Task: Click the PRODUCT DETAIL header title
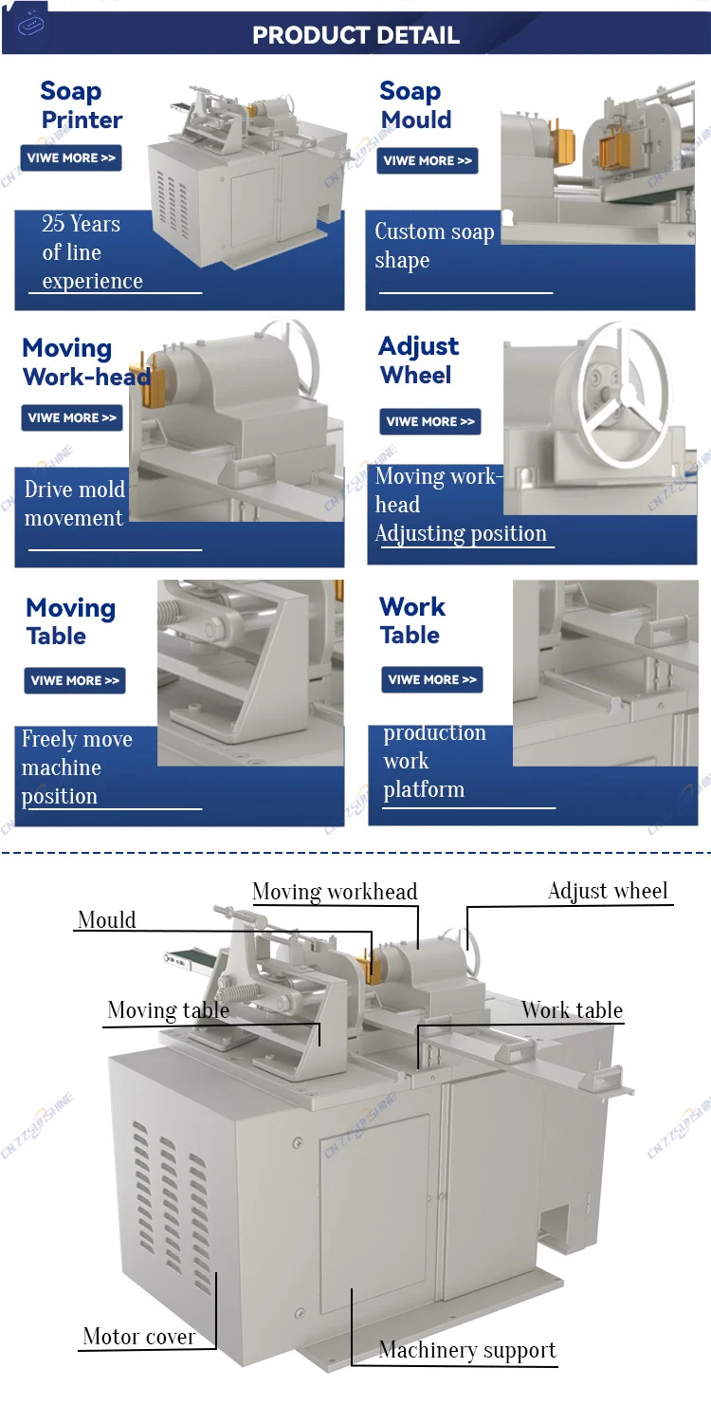coord(355,36)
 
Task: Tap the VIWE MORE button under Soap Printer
coord(71,158)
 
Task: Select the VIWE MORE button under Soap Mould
coord(428,161)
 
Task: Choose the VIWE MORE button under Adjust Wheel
coord(430,422)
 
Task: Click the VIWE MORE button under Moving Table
coord(75,680)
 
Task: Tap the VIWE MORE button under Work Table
coord(432,679)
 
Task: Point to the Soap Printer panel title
coord(82,105)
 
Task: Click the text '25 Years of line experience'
coord(91,252)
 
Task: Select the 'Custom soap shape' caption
coord(434,246)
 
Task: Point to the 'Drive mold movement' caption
coord(74,504)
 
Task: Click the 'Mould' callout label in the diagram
coord(107,919)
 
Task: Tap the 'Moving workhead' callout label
coord(335,891)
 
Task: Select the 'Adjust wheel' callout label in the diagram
coord(608,891)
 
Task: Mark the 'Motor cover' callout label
coord(139,1337)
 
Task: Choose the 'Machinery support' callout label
coord(467,1350)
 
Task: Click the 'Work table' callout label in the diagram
coord(572,1010)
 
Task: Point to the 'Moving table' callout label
coord(168,1010)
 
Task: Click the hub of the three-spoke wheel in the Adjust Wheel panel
coord(615,398)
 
